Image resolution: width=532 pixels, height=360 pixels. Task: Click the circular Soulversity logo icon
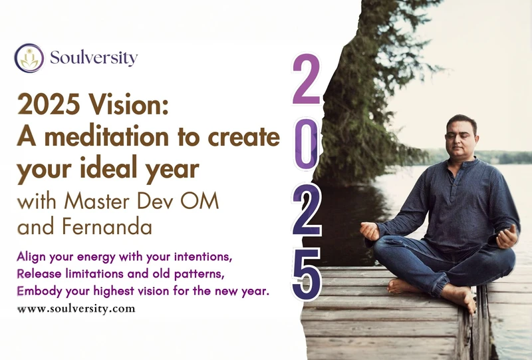29,58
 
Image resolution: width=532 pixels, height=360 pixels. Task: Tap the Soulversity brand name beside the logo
93,58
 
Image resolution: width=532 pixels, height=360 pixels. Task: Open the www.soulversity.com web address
76,309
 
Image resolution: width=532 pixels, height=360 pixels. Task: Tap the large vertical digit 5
307,275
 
